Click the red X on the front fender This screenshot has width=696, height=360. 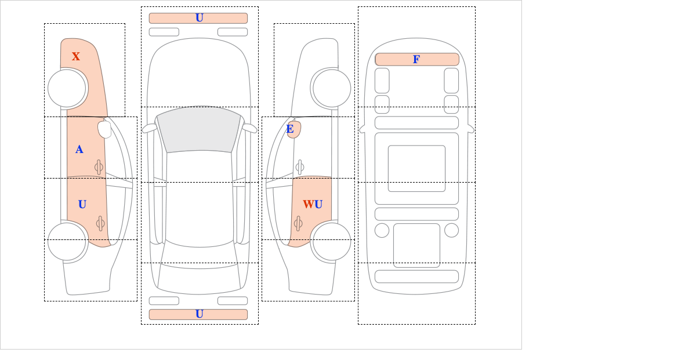[x=76, y=57]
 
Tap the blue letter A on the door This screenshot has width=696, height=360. [x=79, y=150]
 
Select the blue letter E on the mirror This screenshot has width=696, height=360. [x=290, y=129]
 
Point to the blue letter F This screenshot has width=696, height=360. [x=416, y=59]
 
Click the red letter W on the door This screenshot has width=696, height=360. [x=309, y=205]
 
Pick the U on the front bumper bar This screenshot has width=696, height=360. [x=200, y=18]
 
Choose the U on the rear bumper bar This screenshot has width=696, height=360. [x=200, y=314]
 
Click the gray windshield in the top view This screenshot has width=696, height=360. [x=199, y=129]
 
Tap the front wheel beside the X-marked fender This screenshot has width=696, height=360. [x=67, y=89]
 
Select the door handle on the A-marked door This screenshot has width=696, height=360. [x=99, y=168]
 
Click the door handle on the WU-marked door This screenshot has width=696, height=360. [x=298, y=223]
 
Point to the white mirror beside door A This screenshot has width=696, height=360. [x=104, y=129]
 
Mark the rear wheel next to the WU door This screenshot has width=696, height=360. [x=332, y=241]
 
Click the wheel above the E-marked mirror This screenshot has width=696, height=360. [x=332, y=89]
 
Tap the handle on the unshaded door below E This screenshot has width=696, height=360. [x=300, y=168]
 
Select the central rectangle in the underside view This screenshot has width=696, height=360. [x=416, y=169]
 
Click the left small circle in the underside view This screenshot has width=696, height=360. [x=382, y=231]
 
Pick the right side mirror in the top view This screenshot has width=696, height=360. [x=249, y=128]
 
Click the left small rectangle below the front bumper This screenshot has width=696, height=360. [x=164, y=32]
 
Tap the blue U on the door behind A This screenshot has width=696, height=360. [x=82, y=205]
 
